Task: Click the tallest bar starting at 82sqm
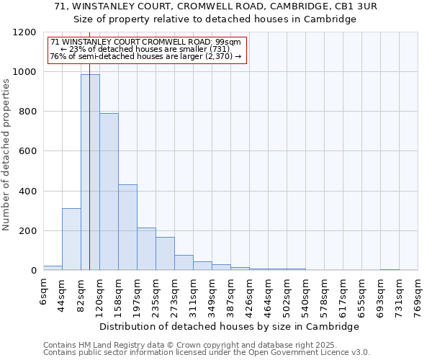[90, 173]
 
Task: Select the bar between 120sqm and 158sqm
[109, 192]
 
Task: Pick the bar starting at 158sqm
[127, 228]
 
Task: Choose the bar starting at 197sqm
[146, 249]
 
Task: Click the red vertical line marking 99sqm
[89, 144]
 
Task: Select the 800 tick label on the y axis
[28, 112]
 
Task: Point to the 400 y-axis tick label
[28, 192]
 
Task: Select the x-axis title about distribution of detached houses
[229, 326]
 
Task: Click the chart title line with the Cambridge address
[215, 6]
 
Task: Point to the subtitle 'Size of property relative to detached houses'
[215, 19]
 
